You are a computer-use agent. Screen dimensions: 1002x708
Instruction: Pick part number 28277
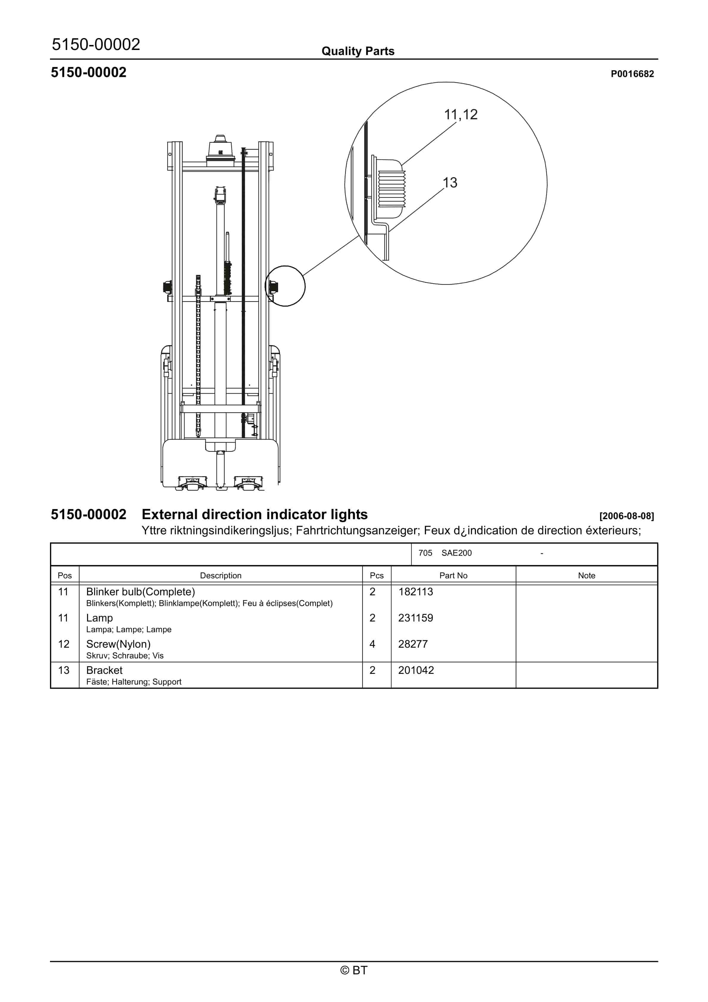413,644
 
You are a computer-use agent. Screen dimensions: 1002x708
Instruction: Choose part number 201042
416,670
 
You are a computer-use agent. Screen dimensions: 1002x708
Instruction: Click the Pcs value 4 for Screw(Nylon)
372,644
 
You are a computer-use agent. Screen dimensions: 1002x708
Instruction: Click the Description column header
220,576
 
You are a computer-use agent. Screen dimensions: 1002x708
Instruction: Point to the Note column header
586,576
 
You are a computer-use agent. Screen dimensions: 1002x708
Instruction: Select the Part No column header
453,576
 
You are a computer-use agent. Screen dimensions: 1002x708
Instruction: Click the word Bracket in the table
104,670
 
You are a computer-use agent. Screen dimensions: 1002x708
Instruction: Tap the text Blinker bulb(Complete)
140,592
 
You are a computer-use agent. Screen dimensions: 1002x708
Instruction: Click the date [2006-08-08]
626,516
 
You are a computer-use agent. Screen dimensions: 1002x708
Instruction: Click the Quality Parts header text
358,51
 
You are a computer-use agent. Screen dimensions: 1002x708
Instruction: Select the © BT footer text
354,970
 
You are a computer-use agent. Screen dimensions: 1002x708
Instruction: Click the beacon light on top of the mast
220,149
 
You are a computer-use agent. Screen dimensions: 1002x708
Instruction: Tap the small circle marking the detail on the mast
285,286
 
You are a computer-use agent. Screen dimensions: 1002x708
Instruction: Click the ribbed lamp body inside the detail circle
391,189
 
